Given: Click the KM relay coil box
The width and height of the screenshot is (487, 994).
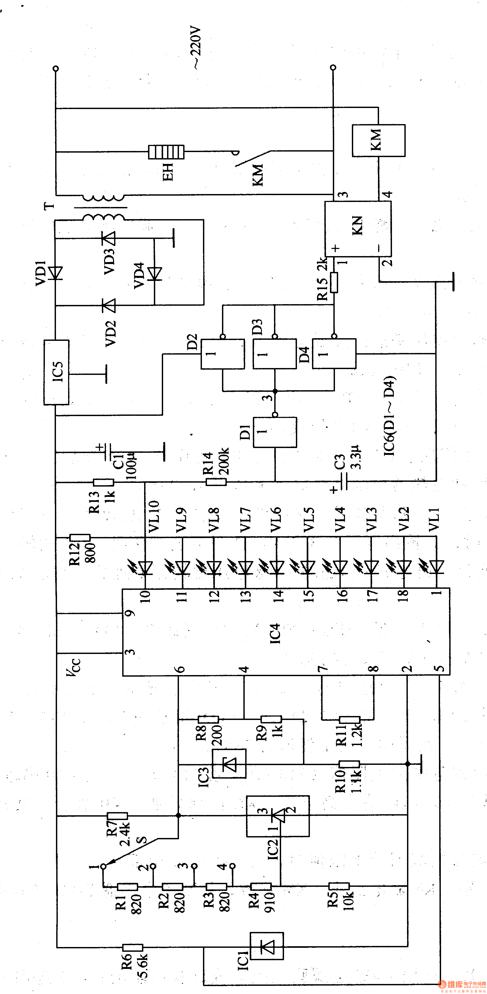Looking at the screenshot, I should point(378,140).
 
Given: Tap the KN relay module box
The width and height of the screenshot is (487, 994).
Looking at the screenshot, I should point(358,229).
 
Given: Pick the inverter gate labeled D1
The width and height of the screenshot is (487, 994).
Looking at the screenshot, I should point(275,432).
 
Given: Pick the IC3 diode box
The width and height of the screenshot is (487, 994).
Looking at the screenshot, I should point(229,764).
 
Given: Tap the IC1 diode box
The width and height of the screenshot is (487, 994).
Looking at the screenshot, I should point(267,946).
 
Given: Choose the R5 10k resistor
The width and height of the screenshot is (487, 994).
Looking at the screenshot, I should point(339,886).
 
